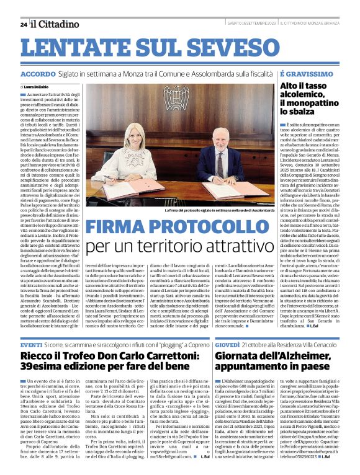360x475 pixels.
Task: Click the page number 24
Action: pyautogui.click(x=24, y=24)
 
